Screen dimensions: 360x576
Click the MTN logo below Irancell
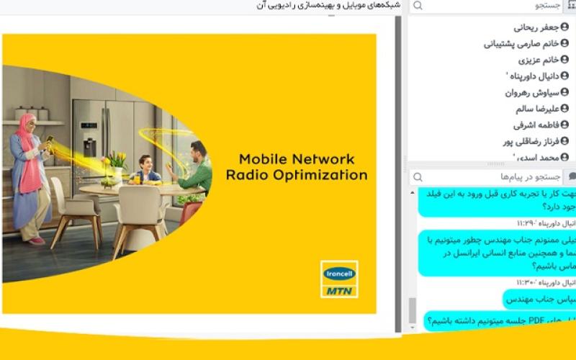click(x=339, y=290)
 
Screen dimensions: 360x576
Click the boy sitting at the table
click(x=146, y=170)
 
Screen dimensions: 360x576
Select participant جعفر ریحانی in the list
click(x=536, y=27)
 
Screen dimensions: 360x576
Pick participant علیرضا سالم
click(x=537, y=109)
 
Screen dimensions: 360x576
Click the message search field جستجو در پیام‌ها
click(x=490, y=177)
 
